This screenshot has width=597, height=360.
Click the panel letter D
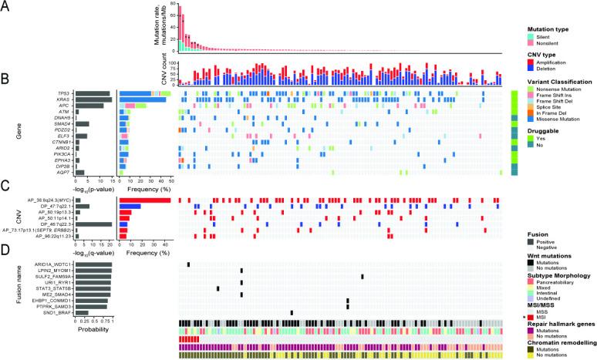5,247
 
